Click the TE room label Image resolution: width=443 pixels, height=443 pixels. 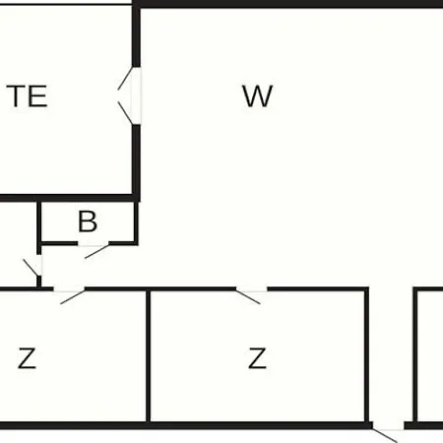tap(27, 95)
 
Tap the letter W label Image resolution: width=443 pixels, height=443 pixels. tap(258, 95)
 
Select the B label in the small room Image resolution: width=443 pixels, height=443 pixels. tap(88, 221)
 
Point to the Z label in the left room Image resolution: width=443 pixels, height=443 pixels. tap(27, 358)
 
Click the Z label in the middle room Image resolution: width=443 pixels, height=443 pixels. tap(257, 358)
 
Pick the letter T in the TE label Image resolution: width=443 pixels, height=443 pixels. tap(16, 95)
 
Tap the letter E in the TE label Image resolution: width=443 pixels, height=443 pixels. tap(38, 95)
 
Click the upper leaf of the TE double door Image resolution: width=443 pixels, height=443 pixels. tap(125, 79)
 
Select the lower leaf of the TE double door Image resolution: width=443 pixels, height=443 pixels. tap(125, 113)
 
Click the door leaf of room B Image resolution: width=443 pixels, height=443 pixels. tap(96, 251)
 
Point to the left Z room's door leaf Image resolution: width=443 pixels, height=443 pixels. tap(73, 297)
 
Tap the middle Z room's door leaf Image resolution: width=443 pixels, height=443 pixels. tap(248, 297)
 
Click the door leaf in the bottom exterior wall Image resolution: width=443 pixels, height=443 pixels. tap(385, 435)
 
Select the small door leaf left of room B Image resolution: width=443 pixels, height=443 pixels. tap(31, 268)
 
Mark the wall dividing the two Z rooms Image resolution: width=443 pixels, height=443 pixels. tap(149, 356)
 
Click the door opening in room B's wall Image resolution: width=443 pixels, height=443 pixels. tap(94, 243)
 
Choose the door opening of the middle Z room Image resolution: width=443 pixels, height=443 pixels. tap(252, 289)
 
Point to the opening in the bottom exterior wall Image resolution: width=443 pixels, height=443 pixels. tap(388, 426)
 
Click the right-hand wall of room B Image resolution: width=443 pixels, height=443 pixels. tap(136, 222)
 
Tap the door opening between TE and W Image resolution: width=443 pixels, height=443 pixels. tap(136, 95)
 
